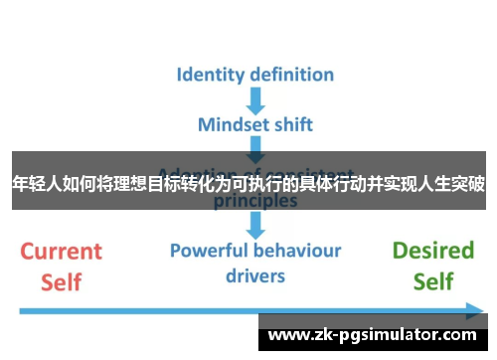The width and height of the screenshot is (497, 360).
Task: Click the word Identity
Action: (x=210, y=75)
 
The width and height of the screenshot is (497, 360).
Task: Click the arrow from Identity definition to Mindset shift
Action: (x=255, y=99)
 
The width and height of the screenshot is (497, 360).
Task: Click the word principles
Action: (x=255, y=200)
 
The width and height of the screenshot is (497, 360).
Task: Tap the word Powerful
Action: (x=212, y=250)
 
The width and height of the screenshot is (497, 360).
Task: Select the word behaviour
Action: (x=299, y=250)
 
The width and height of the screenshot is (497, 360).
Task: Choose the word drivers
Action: (x=255, y=274)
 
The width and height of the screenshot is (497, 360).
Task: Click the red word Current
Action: (x=62, y=251)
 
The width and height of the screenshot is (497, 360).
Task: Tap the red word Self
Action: (x=62, y=282)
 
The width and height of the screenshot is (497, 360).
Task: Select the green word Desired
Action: (x=433, y=251)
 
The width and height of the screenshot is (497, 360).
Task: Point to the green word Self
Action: (x=433, y=282)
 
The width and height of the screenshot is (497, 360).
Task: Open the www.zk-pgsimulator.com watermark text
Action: (x=373, y=336)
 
